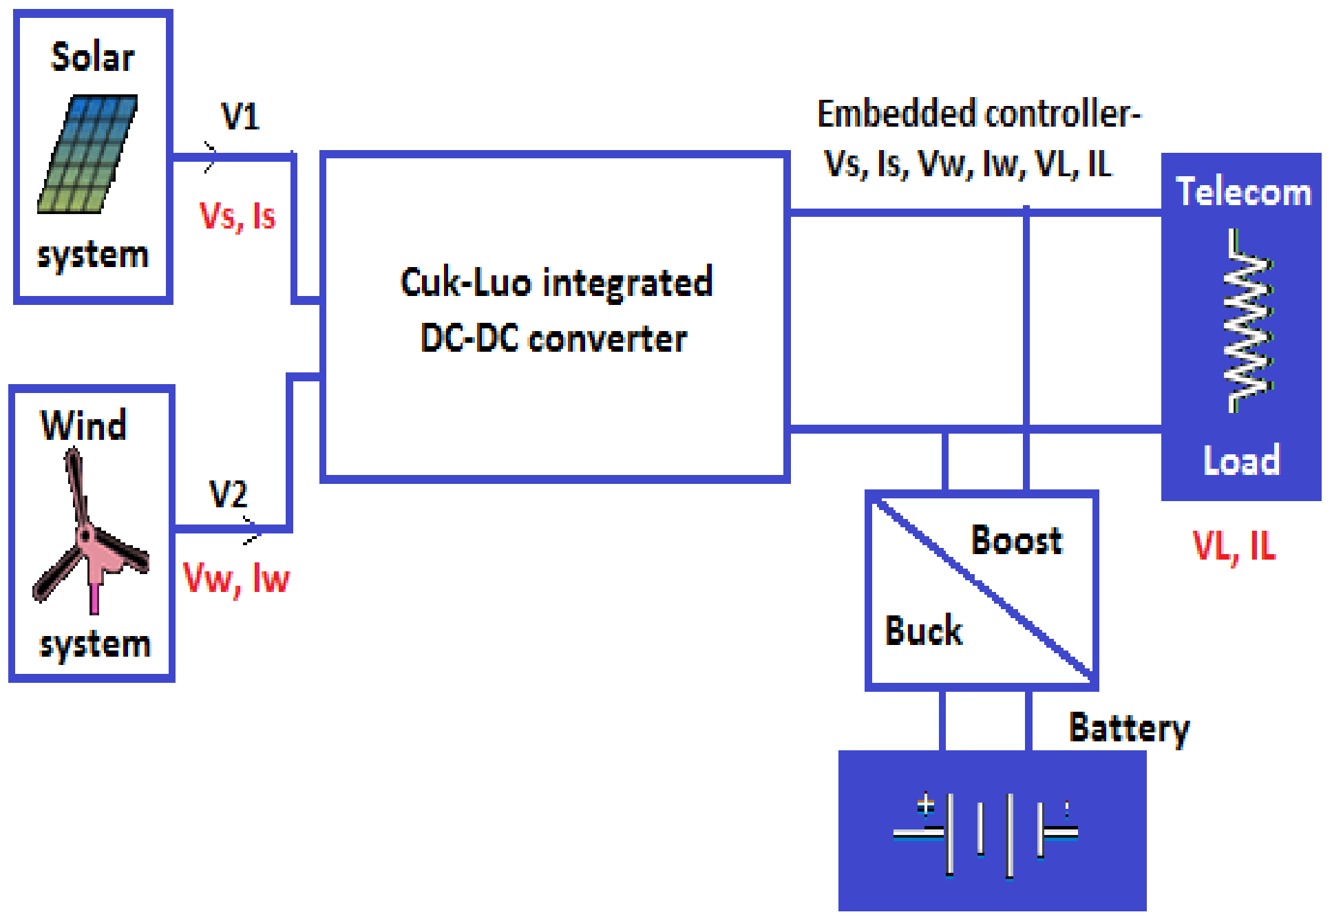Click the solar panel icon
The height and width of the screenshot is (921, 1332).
[87, 154]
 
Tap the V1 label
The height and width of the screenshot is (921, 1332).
[240, 116]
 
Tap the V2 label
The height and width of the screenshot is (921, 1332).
[228, 494]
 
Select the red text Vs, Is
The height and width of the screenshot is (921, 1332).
[237, 216]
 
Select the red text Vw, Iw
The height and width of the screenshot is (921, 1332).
[236, 578]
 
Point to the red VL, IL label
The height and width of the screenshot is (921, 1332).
[1234, 547]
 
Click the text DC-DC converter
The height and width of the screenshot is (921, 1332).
[553, 339]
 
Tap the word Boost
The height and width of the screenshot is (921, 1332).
[1016, 540]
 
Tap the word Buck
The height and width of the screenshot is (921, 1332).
[923, 631]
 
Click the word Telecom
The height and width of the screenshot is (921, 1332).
[1243, 192]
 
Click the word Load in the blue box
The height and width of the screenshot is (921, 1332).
[1241, 460]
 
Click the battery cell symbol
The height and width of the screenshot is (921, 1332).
[986, 834]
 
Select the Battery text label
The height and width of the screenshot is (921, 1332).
[1128, 728]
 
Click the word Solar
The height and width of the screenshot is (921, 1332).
[92, 57]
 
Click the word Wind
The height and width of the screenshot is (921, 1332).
[83, 425]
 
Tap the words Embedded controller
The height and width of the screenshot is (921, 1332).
[977, 114]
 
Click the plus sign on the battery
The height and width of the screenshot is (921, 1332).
[926, 804]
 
